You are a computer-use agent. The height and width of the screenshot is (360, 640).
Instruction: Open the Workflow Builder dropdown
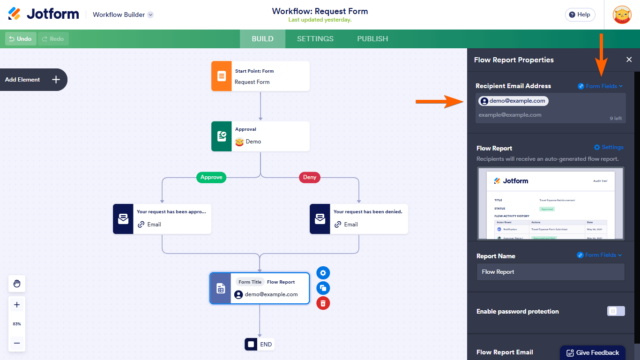pos(122,16)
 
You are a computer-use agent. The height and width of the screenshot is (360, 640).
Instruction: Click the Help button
pos(577,15)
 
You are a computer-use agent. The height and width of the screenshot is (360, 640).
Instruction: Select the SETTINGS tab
pos(315,39)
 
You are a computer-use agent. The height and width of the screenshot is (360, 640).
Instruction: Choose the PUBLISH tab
pos(372,39)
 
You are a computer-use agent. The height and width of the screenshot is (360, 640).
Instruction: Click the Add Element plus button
pos(56,79)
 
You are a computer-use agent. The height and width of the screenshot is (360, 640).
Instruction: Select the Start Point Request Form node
pos(259,76)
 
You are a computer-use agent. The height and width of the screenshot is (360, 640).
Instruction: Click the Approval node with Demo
pos(259,136)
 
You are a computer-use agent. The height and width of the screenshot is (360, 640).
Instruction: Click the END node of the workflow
pos(259,344)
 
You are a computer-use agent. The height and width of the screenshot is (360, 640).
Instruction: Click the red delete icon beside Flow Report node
pos(323,304)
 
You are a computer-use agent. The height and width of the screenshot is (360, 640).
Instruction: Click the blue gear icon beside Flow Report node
pos(323,272)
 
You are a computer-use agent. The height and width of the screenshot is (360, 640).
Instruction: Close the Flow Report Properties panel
pos(628,59)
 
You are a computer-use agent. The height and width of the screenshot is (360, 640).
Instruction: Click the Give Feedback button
pos(599,352)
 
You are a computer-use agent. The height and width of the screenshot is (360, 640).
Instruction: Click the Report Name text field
pos(552,271)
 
